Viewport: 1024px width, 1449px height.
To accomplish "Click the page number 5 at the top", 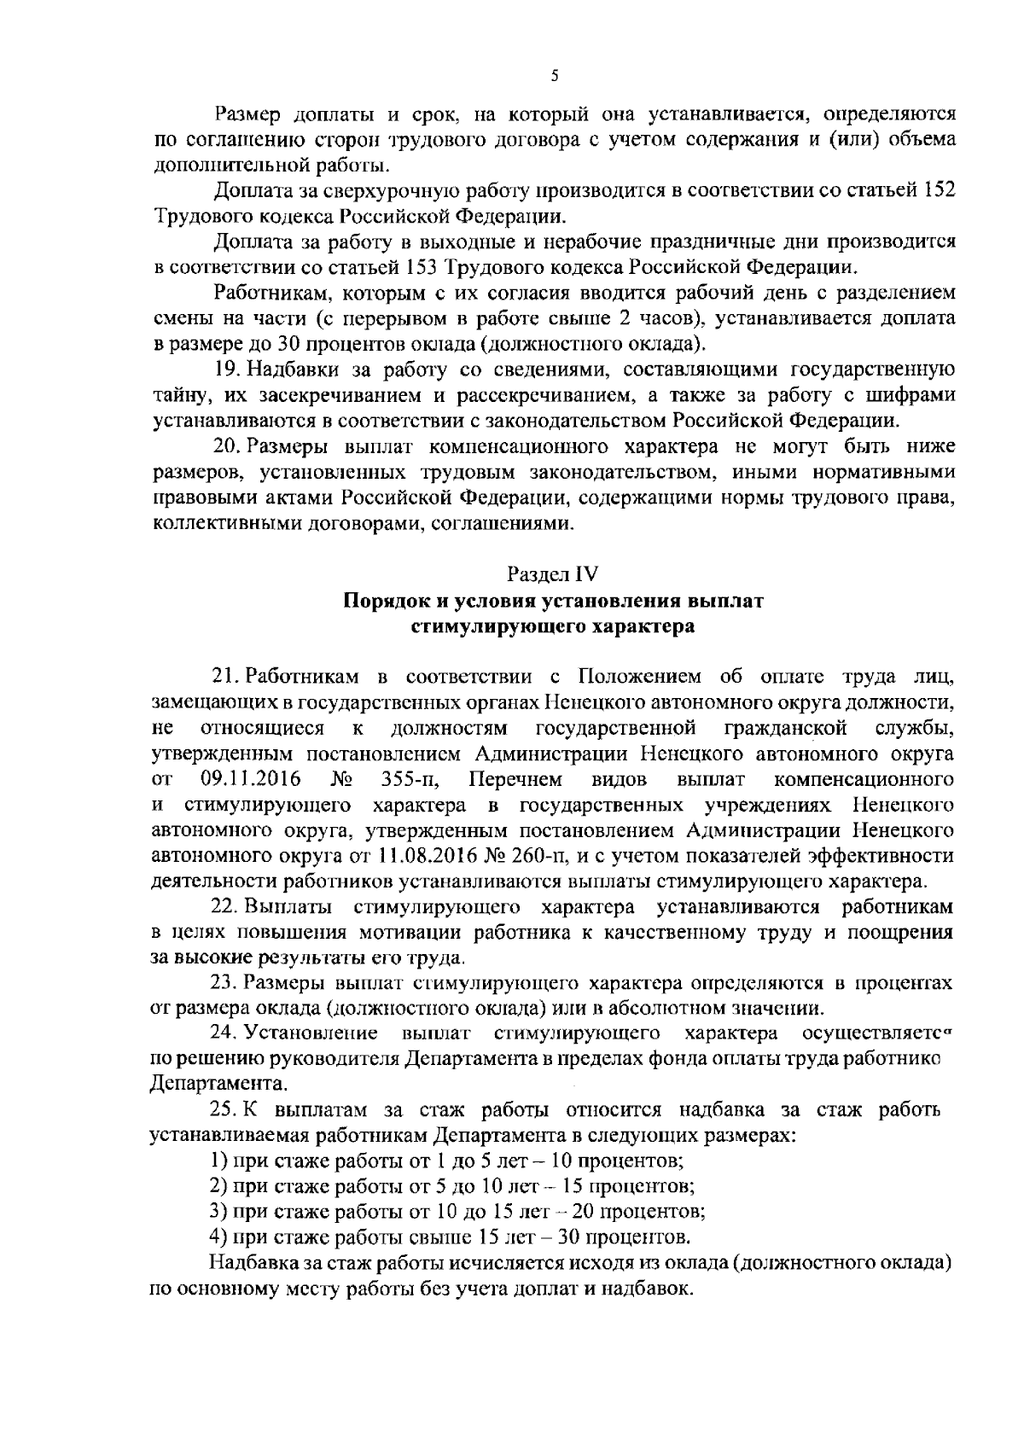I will click(555, 76).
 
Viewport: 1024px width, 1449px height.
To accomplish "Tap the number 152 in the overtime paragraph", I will click(939, 189).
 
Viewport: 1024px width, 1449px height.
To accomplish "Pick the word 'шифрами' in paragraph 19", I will click(916, 395).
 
